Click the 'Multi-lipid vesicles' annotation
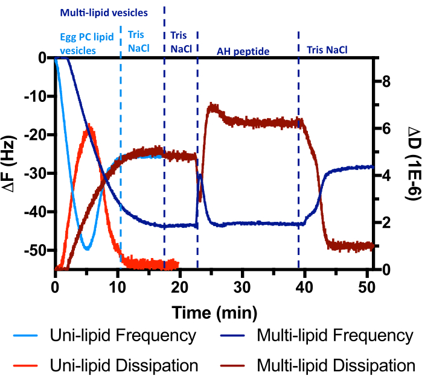(x=103, y=11)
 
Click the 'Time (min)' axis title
(x=214, y=312)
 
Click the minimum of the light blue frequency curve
(x=87, y=248)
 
